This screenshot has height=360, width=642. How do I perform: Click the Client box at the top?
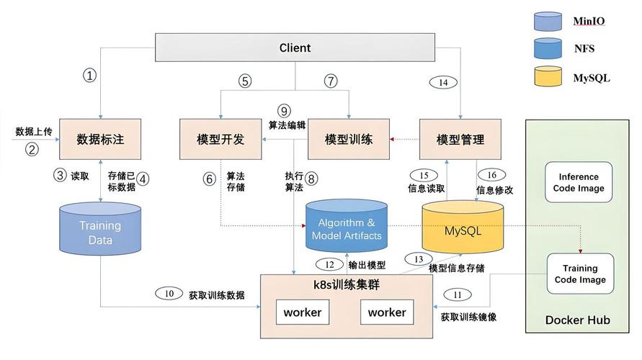click(x=295, y=48)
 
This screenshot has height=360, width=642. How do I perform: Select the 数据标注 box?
click(x=100, y=139)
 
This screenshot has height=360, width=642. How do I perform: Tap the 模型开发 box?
click(x=220, y=139)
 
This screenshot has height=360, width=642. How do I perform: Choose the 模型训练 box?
click(x=349, y=139)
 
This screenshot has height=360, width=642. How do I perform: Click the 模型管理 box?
click(x=460, y=139)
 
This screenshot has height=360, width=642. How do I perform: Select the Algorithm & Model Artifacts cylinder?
click(x=347, y=229)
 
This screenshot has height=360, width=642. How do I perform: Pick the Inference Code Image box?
click(x=579, y=182)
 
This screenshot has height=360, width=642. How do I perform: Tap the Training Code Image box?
click(x=579, y=274)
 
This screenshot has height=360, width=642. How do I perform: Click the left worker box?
click(x=303, y=312)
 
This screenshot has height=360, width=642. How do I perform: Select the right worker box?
click(x=387, y=312)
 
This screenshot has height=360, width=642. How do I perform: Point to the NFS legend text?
click(x=584, y=49)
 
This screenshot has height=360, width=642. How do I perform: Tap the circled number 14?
click(x=443, y=82)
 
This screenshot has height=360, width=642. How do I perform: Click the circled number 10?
click(x=169, y=294)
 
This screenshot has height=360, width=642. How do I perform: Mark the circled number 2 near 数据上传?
click(x=31, y=149)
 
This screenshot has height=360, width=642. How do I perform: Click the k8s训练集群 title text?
click(x=347, y=284)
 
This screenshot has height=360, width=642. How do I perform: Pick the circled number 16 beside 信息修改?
click(x=492, y=175)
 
